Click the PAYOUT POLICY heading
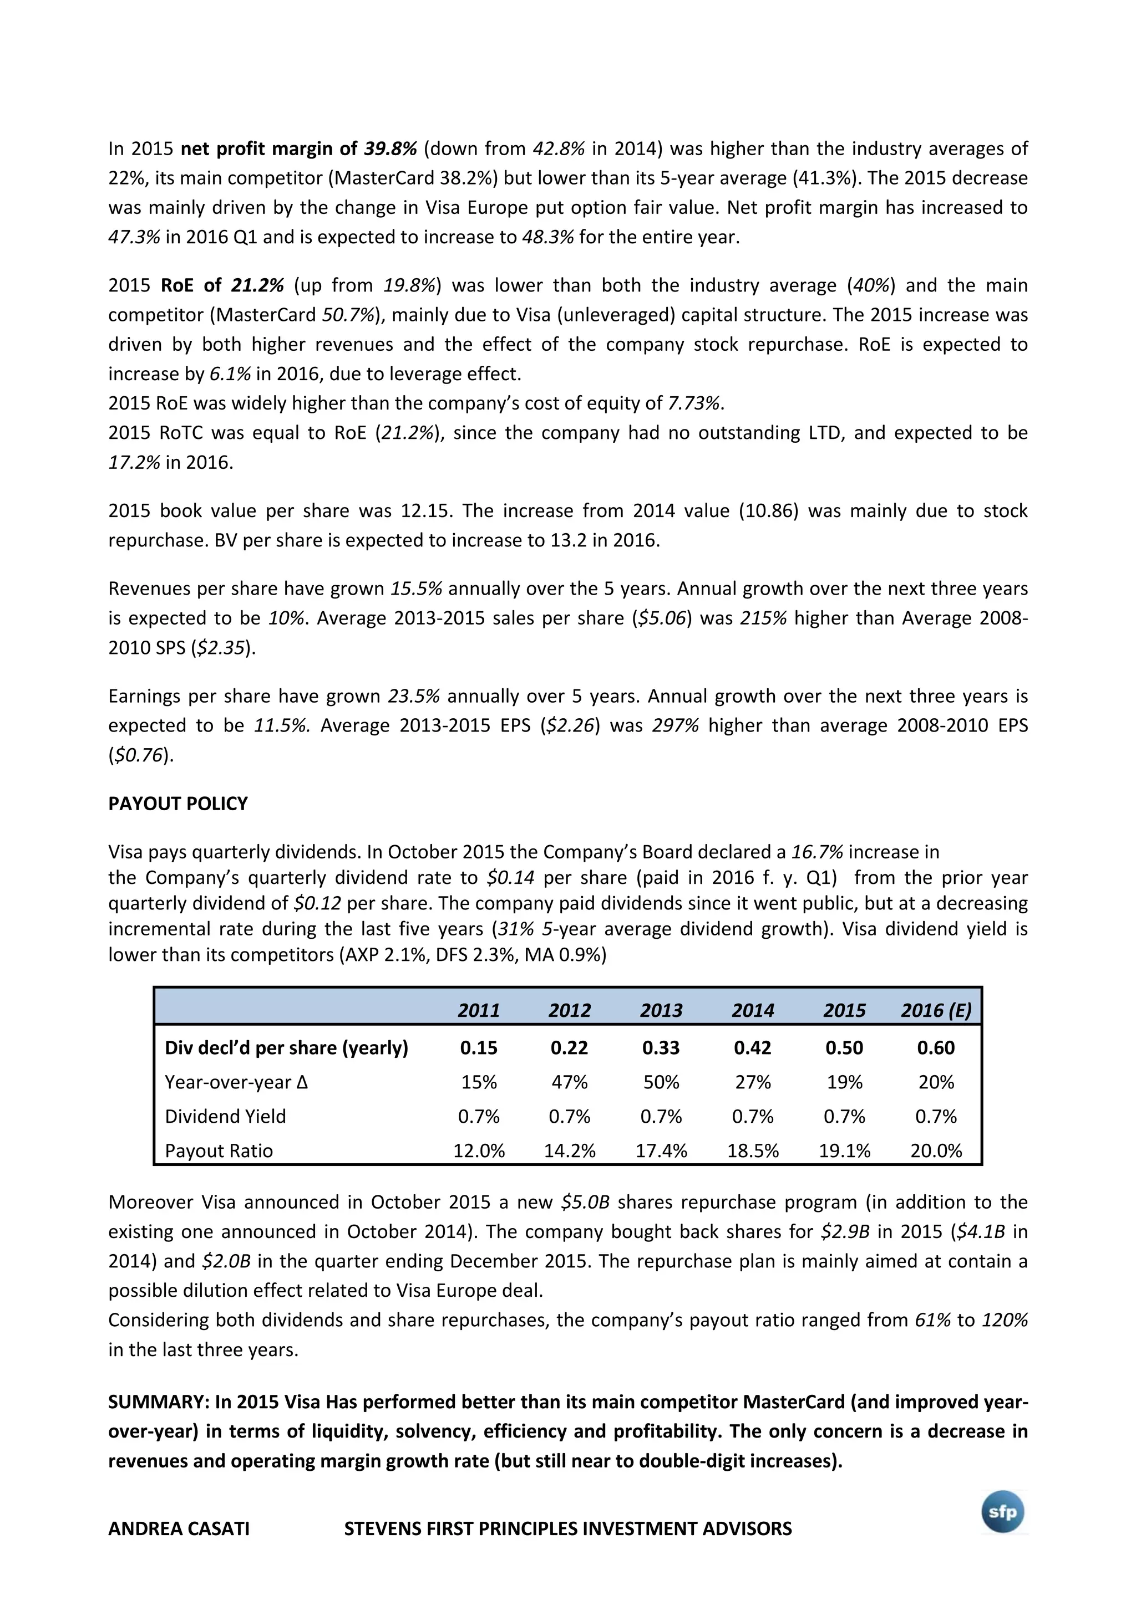(178, 804)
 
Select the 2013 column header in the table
(661, 1010)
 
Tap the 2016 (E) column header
(936, 1010)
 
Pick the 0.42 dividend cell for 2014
(753, 1048)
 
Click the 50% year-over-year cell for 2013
(661, 1082)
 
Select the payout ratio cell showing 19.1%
(844, 1150)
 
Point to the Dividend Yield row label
(225, 1116)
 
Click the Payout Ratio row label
(219, 1150)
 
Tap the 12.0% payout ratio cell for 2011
(479, 1150)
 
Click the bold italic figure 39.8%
(390, 149)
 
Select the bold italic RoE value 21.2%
(257, 285)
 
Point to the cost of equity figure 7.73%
(694, 403)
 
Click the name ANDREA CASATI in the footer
(179, 1528)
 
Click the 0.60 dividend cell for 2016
(936, 1048)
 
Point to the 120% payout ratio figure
(1005, 1320)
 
